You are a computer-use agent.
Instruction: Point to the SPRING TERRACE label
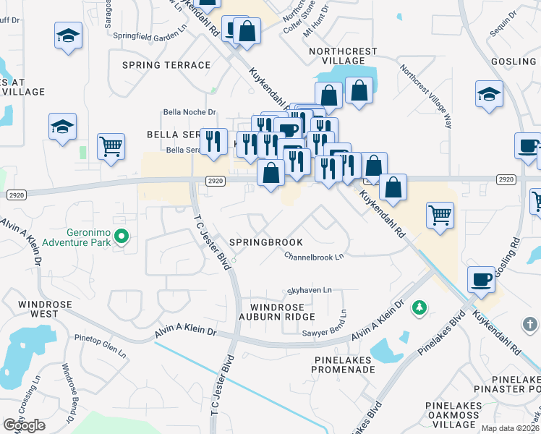pyautogui.click(x=166, y=65)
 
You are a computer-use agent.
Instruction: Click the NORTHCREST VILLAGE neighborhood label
pyautogui.click(x=343, y=56)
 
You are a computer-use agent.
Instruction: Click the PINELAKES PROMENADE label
pyautogui.click(x=341, y=364)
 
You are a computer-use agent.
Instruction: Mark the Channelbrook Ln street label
pyautogui.click(x=313, y=256)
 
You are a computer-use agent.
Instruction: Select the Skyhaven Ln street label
pyautogui.click(x=310, y=289)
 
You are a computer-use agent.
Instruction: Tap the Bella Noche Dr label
pyautogui.click(x=189, y=112)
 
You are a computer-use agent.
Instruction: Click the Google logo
pyautogui.click(x=24, y=426)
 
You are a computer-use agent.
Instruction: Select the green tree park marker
pyautogui.click(x=418, y=309)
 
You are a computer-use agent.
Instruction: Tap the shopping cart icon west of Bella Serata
pyautogui.click(x=111, y=145)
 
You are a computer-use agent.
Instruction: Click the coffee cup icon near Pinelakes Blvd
pyautogui.click(x=482, y=278)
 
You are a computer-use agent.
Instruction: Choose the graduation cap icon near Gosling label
pyautogui.click(x=489, y=93)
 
